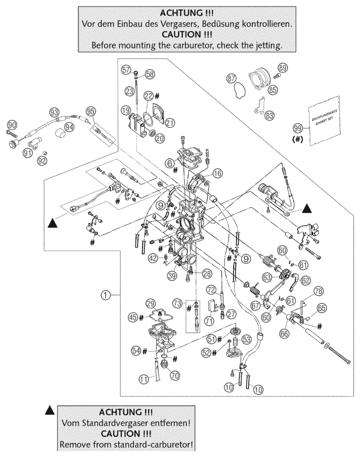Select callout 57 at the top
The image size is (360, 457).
tap(126, 70)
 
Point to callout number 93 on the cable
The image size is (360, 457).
tap(54, 111)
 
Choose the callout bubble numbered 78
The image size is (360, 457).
tap(318, 290)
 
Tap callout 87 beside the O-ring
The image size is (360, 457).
tap(231, 79)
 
